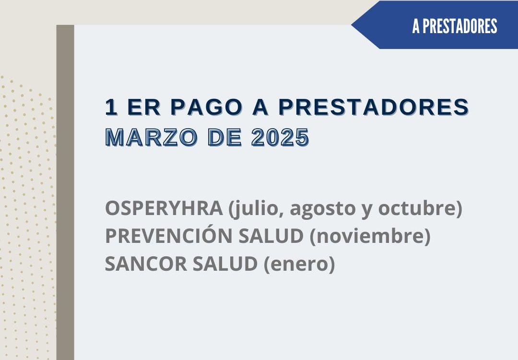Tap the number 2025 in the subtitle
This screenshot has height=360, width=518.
tap(280, 137)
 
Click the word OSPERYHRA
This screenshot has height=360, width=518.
tap(164, 208)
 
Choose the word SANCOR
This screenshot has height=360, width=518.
tap(146, 264)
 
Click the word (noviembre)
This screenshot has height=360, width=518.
tap(370, 237)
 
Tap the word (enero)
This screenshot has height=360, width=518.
tap(299, 264)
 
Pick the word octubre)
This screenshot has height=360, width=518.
tap(420, 209)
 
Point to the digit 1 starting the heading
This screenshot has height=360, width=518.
tap(111, 107)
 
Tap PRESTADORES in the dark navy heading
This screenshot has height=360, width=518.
tap(374, 107)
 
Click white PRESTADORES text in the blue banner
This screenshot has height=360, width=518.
tap(460, 26)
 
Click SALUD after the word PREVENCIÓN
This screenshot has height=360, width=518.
tap(271, 236)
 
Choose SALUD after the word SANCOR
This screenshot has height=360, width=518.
tap(225, 264)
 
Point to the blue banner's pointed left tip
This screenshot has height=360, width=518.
tap(352, 25)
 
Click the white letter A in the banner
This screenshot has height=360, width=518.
tap(416, 26)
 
